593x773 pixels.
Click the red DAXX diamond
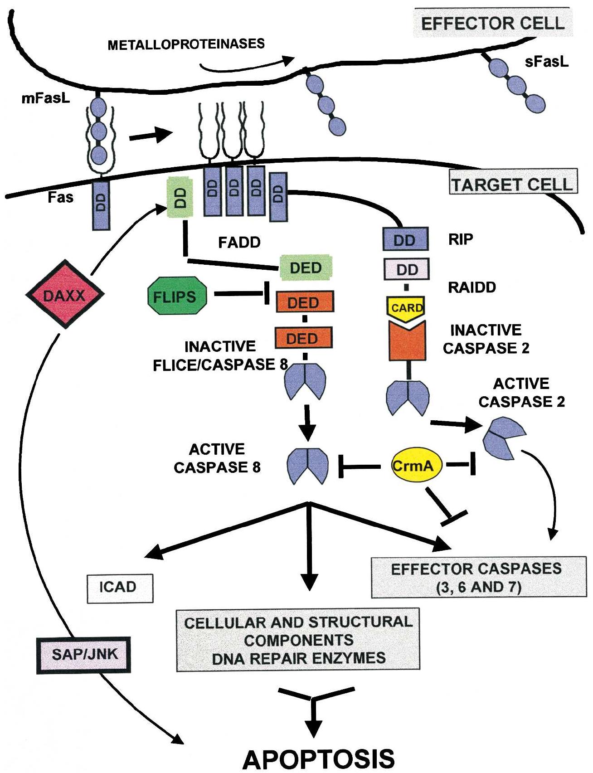coord(64,295)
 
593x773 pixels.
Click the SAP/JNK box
coord(84,654)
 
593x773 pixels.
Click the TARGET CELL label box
coord(513,184)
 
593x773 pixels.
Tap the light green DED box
coord(306,267)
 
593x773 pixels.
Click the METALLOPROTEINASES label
coord(186,44)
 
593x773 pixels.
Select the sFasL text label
coord(546,62)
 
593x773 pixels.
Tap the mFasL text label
coord(46,98)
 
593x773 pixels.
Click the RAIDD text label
coord(472,287)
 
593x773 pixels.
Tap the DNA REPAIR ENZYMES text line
coord(298,658)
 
